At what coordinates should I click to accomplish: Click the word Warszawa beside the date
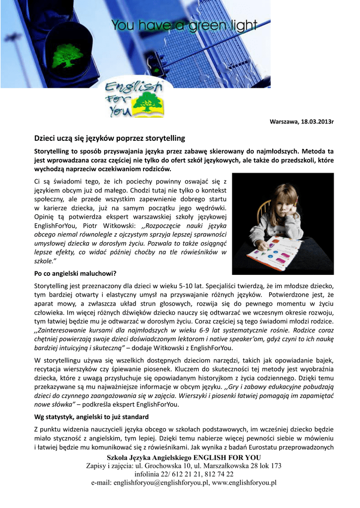click(284, 122)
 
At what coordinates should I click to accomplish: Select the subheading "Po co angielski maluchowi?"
click(74, 274)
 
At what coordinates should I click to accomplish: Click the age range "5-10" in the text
click(181, 286)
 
